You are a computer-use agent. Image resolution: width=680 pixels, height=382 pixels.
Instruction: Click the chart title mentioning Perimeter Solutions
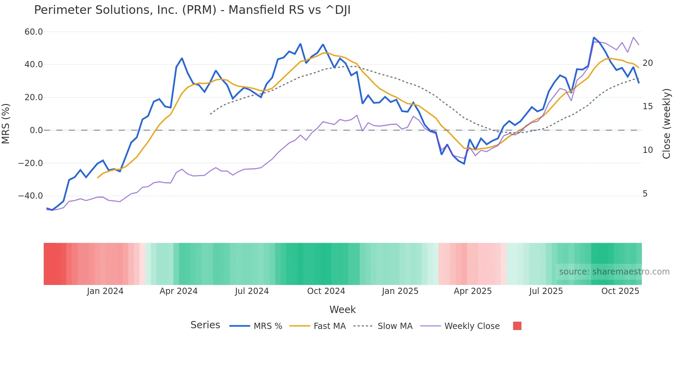192,10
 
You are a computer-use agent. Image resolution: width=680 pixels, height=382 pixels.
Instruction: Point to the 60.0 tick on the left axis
34,32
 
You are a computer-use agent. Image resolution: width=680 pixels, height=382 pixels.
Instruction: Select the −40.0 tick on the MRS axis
31,196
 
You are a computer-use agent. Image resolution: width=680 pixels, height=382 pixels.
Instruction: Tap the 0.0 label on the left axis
36,130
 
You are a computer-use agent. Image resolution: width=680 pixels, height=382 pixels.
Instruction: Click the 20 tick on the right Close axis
647,63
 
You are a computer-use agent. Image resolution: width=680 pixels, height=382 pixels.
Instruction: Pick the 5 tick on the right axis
645,194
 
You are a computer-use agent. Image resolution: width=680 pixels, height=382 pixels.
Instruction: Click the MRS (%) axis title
6,123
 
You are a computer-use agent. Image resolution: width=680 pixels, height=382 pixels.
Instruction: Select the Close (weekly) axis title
666,123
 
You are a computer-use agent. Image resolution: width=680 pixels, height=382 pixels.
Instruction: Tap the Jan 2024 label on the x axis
105,291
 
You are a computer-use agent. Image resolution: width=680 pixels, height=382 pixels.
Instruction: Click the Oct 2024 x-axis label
326,291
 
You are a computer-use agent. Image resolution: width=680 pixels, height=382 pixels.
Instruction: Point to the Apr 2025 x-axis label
473,291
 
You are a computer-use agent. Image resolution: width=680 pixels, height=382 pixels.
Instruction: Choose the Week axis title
342,310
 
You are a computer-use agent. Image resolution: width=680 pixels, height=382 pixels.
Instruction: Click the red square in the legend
517,326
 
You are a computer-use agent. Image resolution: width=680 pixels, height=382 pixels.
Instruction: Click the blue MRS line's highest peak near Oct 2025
594,37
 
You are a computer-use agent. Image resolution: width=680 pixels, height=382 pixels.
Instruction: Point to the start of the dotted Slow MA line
210,114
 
